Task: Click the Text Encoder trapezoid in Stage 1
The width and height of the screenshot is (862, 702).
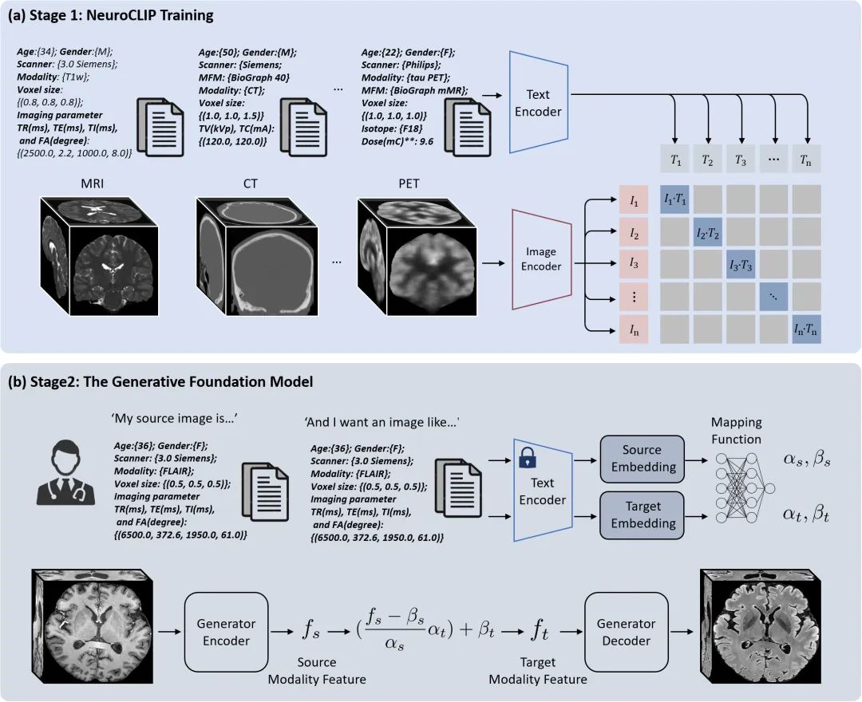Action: pos(537,103)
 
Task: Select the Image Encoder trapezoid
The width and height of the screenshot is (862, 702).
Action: pos(541,259)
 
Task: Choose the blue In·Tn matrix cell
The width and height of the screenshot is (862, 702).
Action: pos(807,329)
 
